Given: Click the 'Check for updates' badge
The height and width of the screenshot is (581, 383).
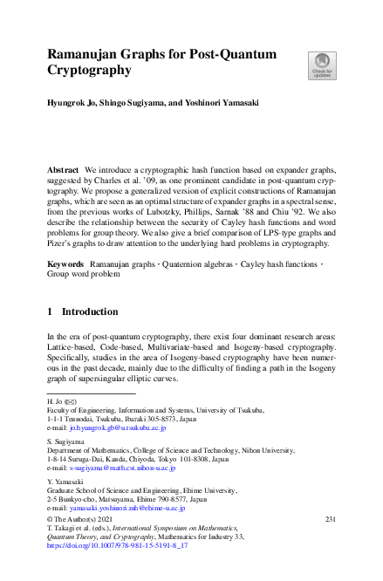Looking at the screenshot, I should click(322, 65).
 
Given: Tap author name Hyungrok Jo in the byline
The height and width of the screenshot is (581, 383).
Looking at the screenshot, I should click(72, 103).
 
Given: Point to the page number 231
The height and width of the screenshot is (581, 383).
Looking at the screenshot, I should click(330, 519).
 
